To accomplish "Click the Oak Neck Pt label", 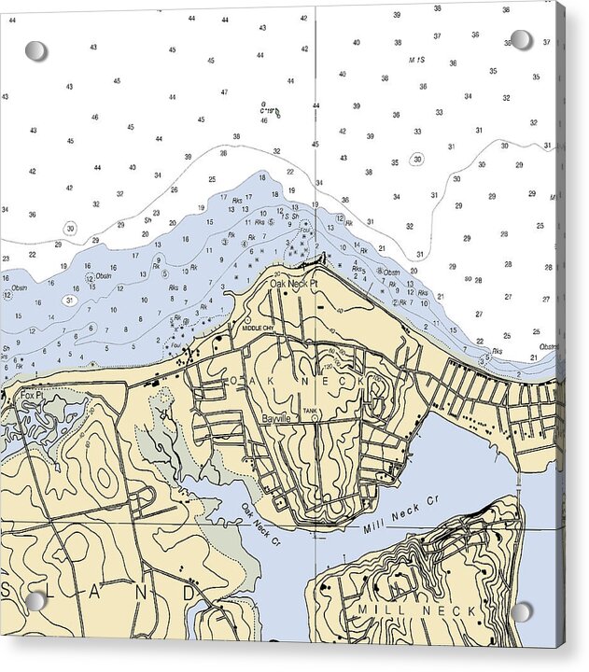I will (294, 283).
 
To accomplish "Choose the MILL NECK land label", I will (412, 609).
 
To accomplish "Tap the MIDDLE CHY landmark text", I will (257, 329).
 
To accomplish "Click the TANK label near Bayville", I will (311, 410).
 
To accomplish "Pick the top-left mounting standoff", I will (35, 50).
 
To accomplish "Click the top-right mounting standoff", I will (521, 39).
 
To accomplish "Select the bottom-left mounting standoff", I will (35, 600).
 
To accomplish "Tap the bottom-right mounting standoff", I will (521, 612).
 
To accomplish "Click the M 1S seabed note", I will (416, 60).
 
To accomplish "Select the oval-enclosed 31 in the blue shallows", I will (69, 300).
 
